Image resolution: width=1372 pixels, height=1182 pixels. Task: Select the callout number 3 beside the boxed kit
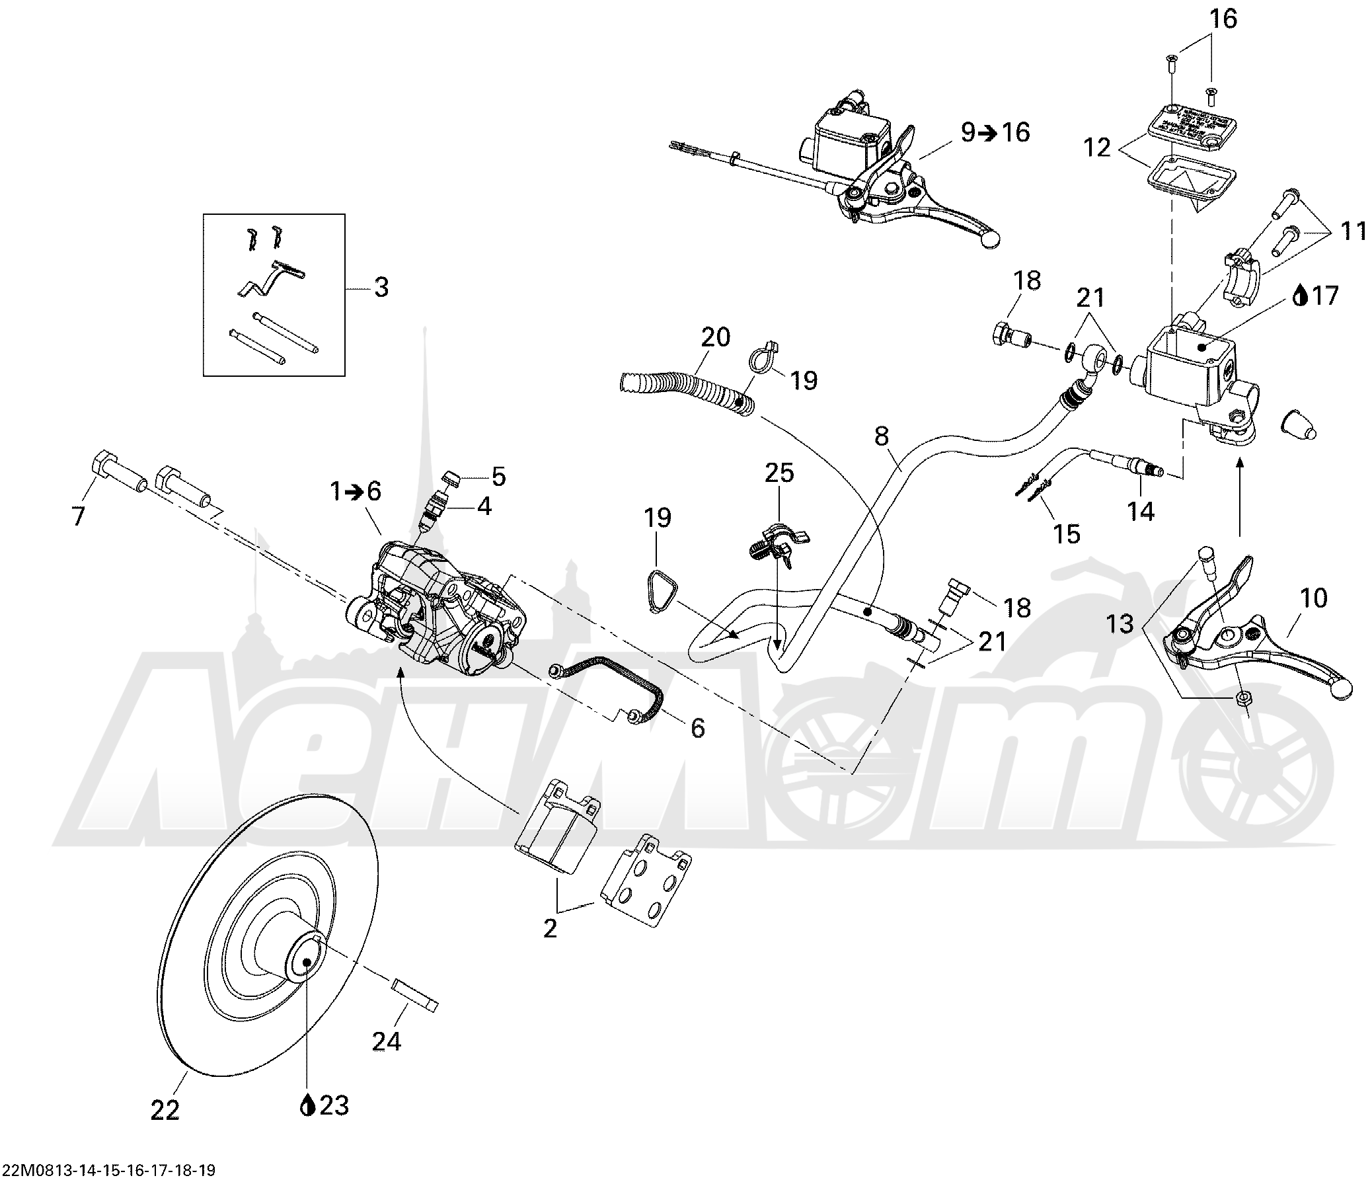pyautogui.click(x=381, y=288)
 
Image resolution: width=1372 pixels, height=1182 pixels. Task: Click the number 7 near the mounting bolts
pyautogui.click(x=79, y=516)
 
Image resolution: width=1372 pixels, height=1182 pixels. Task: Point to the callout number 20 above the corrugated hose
pyautogui.click(x=715, y=337)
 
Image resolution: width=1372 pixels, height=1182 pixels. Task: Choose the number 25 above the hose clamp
pyautogui.click(x=779, y=473)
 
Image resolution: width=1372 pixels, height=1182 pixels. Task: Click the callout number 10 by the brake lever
pyautogui.click(x=1314, y=598)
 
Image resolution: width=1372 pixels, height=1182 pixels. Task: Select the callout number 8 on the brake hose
pyautogui.click(x=882, y=436)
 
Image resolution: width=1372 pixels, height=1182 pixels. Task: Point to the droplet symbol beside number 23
pyautogui.click(x=307, y=1105)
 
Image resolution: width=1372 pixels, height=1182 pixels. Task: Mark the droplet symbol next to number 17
pyautogui.click(x=1301, y=295)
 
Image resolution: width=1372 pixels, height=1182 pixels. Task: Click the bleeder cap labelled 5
pyautogui.click(x=453, y=477)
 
